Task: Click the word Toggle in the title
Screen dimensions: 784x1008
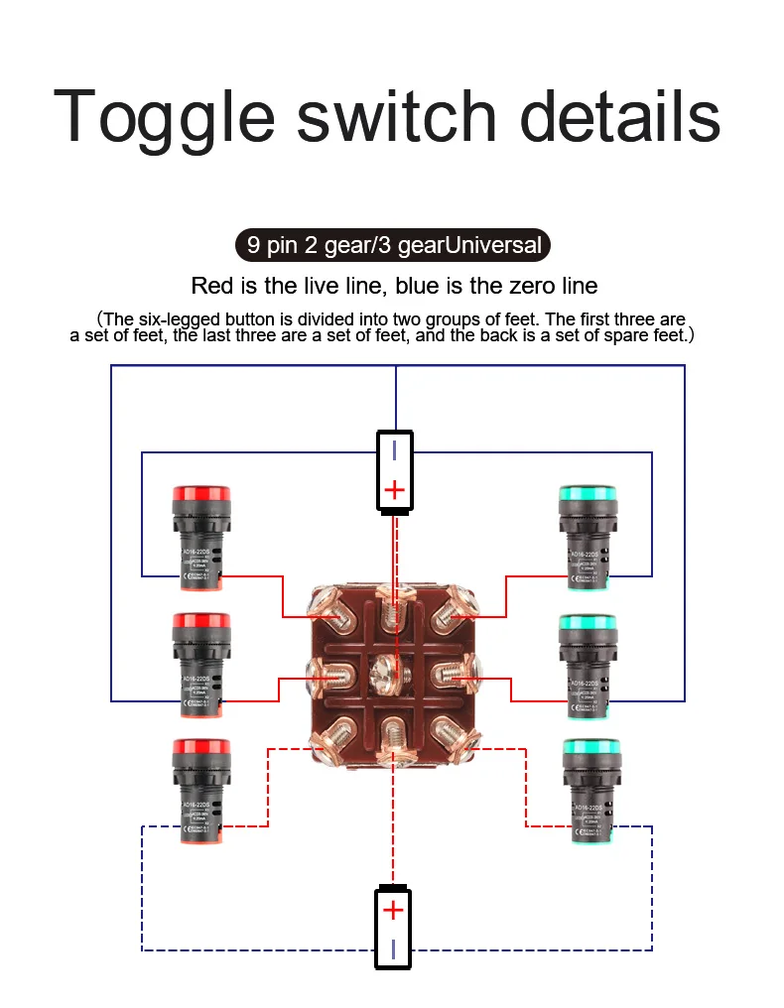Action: (164, 117)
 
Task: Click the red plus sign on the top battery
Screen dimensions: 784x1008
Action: (395, 489)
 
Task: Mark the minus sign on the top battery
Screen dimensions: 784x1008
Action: (395, 450)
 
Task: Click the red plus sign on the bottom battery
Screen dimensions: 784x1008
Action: (394, 910)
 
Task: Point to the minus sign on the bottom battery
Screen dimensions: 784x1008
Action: (394, 948)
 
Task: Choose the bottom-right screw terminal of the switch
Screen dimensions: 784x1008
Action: (455, 736)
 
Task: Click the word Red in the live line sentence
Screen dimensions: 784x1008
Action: (211, 287)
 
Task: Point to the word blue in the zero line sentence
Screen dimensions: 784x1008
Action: (419, 287)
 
